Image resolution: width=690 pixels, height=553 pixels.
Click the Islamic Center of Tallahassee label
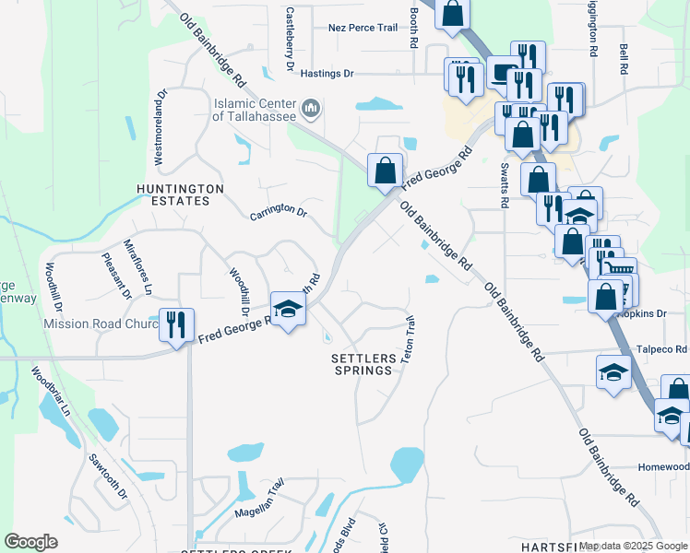254,110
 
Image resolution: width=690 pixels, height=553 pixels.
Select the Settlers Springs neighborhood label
362,363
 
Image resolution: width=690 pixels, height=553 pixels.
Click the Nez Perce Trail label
363,28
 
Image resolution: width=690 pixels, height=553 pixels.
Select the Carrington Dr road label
279,212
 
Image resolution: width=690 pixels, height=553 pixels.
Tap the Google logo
30,542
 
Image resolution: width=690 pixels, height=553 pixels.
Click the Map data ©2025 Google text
633,546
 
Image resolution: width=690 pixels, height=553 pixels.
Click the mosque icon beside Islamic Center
310,110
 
